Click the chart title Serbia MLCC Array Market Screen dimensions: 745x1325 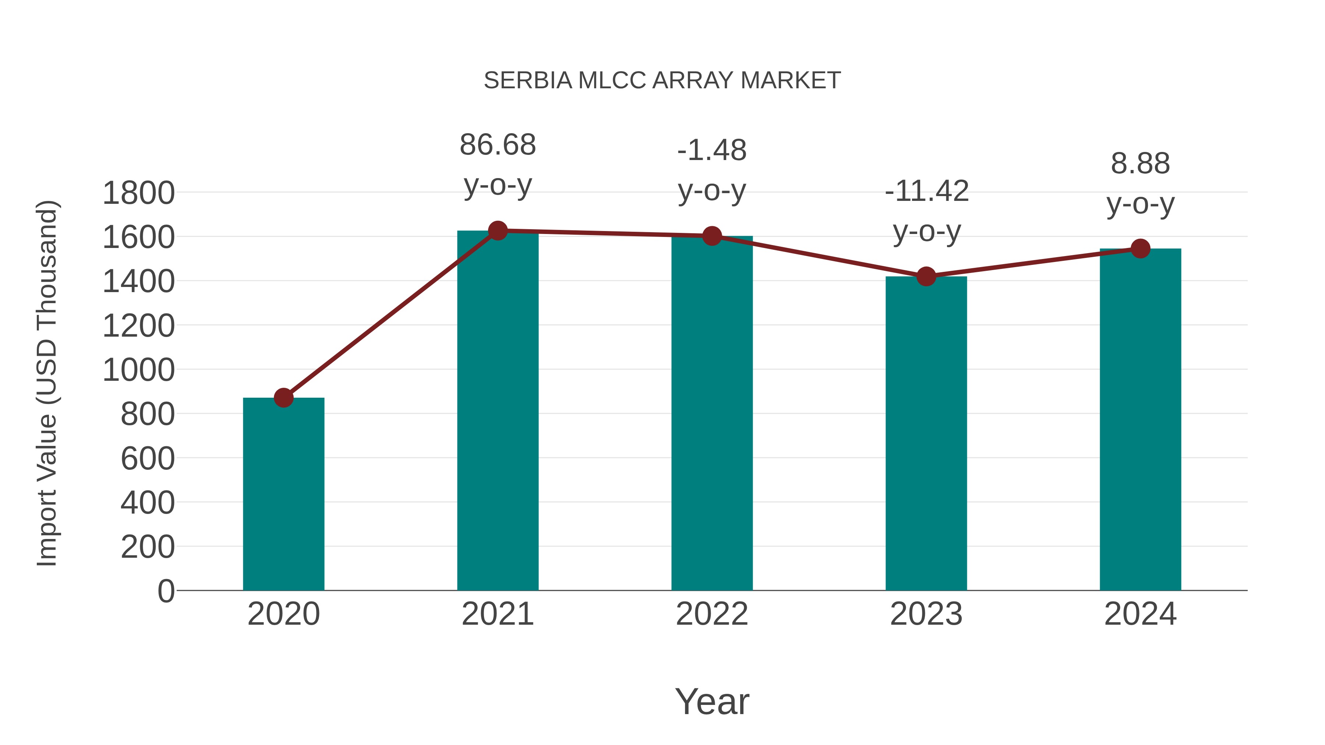pyautogui.click(x=662, y=81)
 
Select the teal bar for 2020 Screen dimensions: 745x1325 pyautogui.click(x=283, y=494)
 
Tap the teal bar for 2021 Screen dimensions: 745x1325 pyautogui.click(x=497, y=411)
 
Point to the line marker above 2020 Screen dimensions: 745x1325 pyautogui.click(x=283, y=397)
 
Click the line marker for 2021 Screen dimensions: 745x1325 pyautogui.click(x=497, y=231)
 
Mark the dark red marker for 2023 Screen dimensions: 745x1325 pyautogui.click(x=926, y=277)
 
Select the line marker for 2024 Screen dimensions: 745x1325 pyautogui.click(x=1140, y=249)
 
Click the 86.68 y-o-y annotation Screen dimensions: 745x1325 pyautogui.click(x=497, y=164)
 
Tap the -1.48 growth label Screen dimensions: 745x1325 pyautogui.click(x=712, y=170)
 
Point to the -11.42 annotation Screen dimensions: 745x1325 pyautogui.click(x=926, y=211)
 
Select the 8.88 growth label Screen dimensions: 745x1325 pyautogui.click(x=1140, y=184)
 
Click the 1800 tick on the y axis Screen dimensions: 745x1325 pyautogui.click(x=138, y=194)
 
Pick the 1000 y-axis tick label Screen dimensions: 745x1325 pyautogui.click(x=138, y=370)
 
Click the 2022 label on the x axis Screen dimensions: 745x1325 pyautogui.click(x=712, y=614)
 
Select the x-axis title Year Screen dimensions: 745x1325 pyautogui.click(x=712, y=701)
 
